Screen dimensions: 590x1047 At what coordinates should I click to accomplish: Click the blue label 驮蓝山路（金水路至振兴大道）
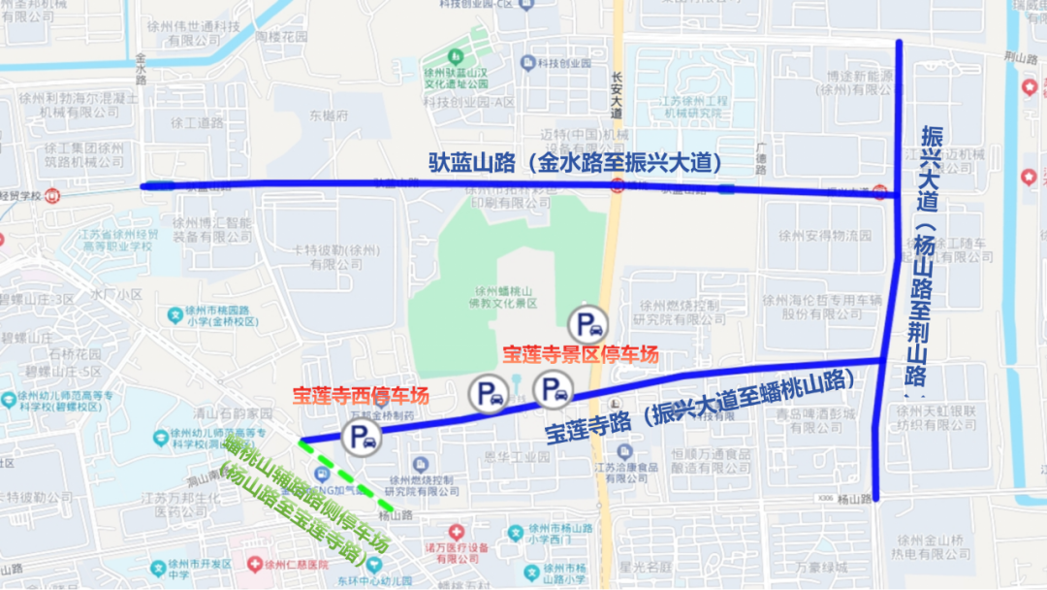[x=576, y=162]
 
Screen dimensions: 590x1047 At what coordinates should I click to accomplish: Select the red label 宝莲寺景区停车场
[x=581, y=354]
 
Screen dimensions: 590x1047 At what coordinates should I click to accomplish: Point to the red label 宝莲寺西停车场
[x=361, y=395]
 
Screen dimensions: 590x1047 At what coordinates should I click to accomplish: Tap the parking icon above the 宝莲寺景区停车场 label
[x=587, y=323]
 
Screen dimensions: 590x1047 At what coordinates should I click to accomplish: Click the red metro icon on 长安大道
[x=618, y=187]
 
